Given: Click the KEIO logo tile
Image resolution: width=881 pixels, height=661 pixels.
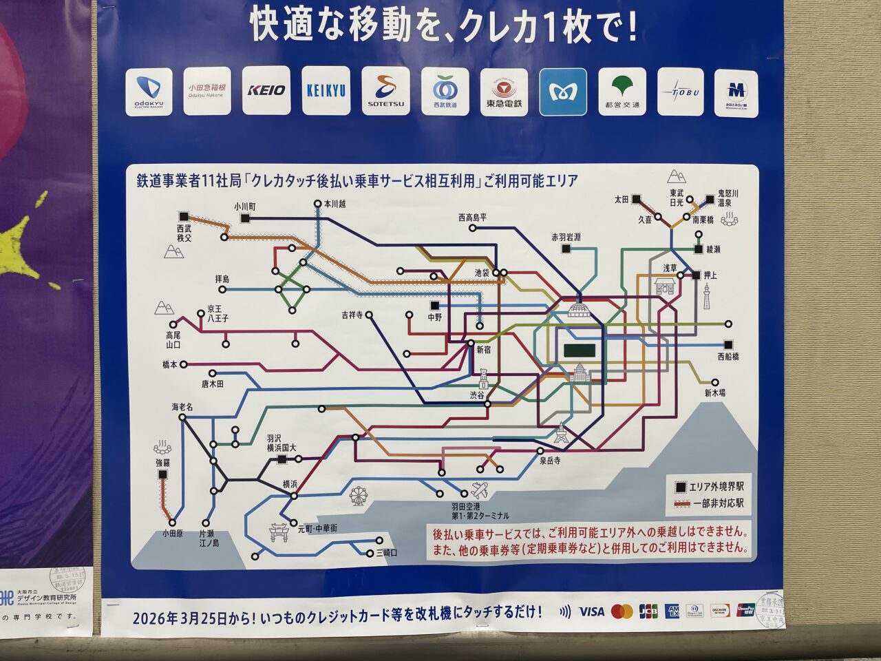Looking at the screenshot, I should [266, 90].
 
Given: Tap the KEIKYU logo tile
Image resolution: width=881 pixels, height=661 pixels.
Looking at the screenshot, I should [326, 90].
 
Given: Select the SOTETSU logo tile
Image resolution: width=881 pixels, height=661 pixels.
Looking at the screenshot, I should [385, 91].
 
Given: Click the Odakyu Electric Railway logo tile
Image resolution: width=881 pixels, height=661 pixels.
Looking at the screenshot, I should [149, 90].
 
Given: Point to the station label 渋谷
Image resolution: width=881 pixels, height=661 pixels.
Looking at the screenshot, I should [477, 395].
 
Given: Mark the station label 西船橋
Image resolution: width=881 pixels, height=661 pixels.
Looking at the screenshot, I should [728, 357].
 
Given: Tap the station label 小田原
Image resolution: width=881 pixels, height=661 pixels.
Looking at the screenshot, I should [172, 533].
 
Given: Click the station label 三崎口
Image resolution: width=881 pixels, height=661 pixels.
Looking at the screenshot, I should [386, 552].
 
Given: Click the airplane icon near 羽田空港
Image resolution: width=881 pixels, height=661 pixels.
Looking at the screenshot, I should [480, 491].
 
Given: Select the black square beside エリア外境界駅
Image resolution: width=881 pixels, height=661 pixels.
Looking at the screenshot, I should [679, 487].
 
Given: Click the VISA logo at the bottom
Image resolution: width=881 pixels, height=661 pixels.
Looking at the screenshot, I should [591, 611].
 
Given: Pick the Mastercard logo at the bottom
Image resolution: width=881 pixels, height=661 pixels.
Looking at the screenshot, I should [622, 611].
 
